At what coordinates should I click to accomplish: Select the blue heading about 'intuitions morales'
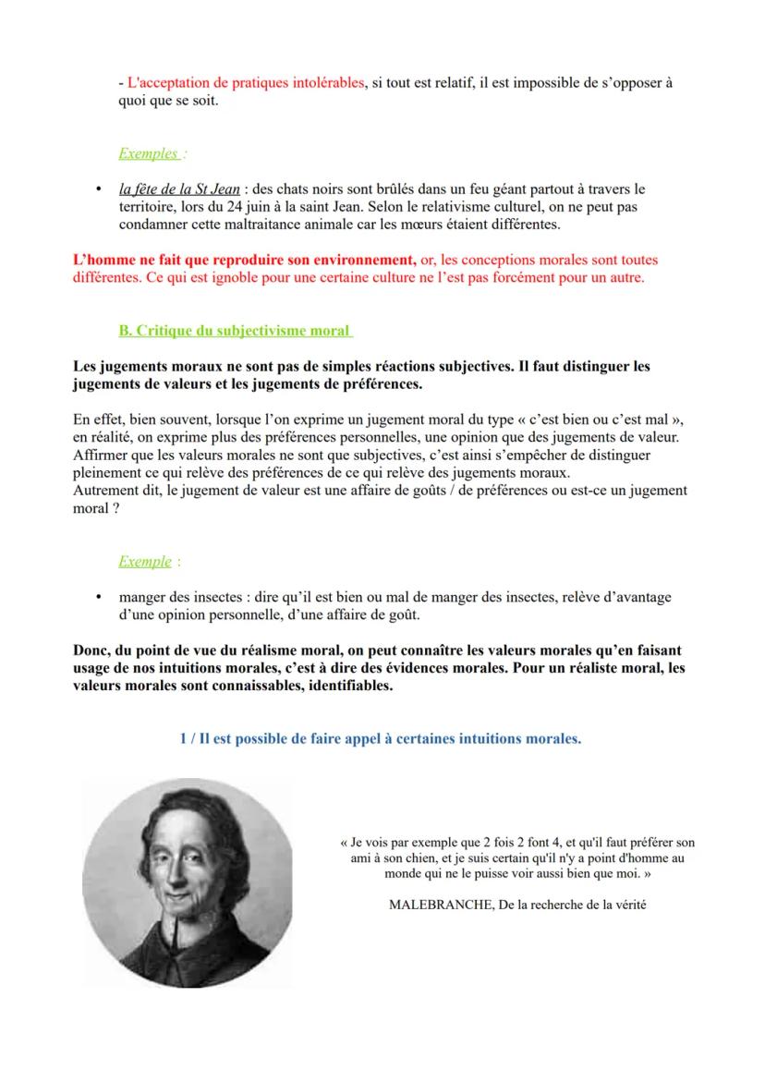click(x=381, y=739)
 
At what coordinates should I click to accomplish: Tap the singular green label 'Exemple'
click(x=144, y=561)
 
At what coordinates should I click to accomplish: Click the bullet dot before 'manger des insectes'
click(x=98, y=597)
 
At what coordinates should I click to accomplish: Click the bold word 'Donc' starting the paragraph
click(x=91, y=650)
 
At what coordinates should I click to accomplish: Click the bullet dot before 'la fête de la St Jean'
click(x=98, y=189)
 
